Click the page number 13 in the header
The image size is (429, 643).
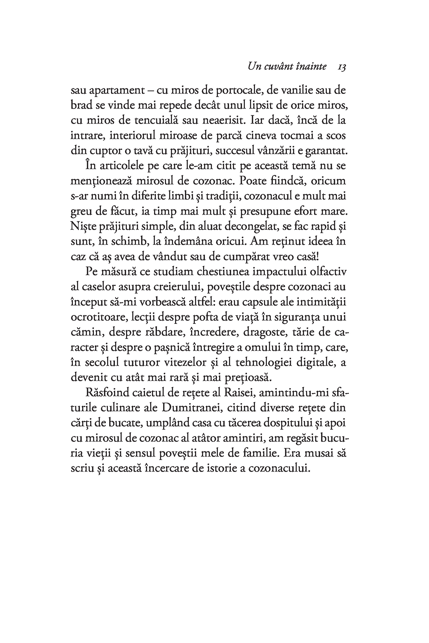click(342, 67)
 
